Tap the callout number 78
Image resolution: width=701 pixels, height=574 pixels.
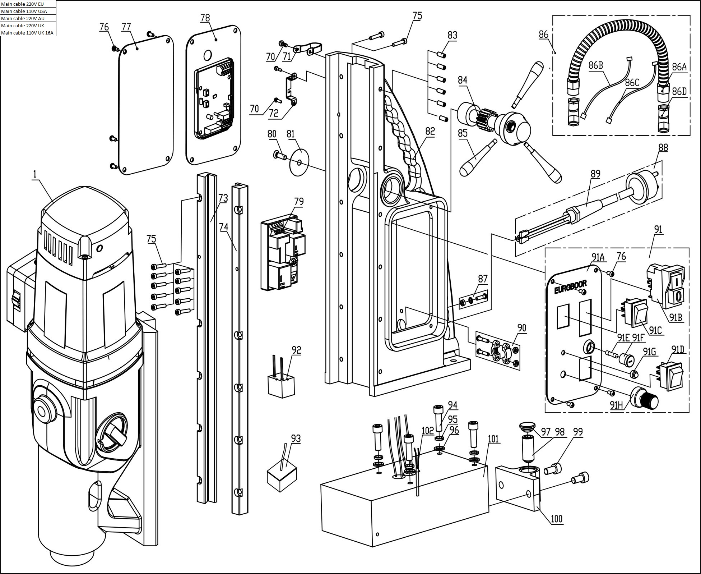click(205, 18)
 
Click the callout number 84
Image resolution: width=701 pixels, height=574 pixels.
click(463, 80)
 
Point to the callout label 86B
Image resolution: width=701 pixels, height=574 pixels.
click(595, 65)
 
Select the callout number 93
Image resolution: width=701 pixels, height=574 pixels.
click(296, 438)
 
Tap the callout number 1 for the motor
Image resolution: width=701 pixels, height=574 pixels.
click(35, 174)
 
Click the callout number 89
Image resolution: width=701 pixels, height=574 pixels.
click(595, 174)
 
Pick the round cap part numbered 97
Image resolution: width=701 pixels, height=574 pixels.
click(526, 427)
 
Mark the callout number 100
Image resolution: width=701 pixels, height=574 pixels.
click(556, 519)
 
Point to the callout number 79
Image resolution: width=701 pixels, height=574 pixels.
click(298, 202)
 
